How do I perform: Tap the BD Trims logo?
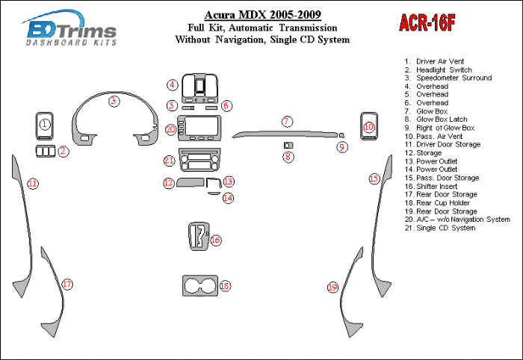coord(71,31)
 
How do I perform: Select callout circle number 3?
coord(113,101)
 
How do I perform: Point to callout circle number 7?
coord(286,121)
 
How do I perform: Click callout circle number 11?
coord(32,183)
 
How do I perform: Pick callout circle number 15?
coord(374,179)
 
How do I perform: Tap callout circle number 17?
coord(66,284)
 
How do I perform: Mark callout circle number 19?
coord(333,287)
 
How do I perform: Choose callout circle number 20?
coord(170,130)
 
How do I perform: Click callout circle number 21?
coord(170,161)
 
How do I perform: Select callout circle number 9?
coord(342,147)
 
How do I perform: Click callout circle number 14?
coord(228,198)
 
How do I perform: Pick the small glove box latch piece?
coord(288,144)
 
